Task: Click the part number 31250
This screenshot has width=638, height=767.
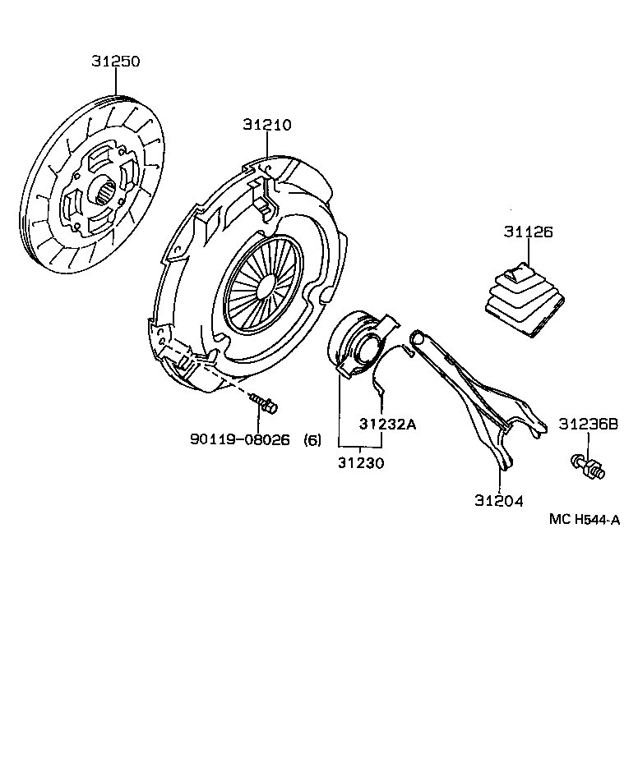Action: point(116,61)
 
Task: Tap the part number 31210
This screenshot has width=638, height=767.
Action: point(267,125)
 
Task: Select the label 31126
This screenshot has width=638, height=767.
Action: point(528,232)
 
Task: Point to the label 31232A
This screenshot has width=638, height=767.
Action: point(387,424)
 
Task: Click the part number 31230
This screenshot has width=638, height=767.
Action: point(360,462)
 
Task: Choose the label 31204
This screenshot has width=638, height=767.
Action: point(498,500)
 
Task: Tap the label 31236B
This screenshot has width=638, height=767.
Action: point(588,424)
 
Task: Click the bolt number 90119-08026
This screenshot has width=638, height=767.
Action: point(239,439)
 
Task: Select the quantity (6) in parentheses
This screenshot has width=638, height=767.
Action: point(312,439)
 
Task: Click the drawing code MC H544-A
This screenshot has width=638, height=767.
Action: point(584,519)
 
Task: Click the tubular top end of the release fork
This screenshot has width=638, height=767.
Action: point(419,337)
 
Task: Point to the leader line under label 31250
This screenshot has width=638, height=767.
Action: point(116,83)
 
